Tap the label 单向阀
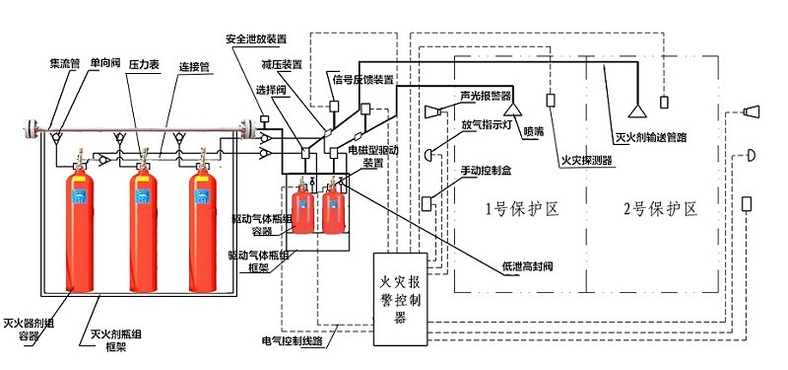tap(107, 62)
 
